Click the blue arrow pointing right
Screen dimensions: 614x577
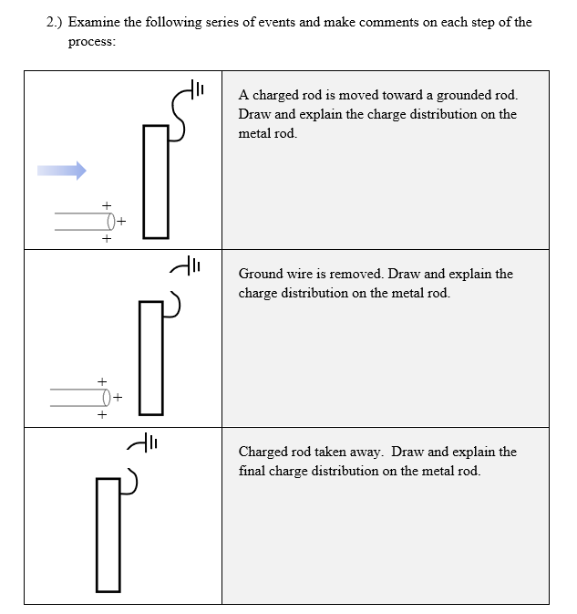tap(62, 170)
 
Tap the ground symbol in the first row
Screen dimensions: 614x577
tap(196, 88)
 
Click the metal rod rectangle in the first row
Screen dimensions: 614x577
tap(156, 182)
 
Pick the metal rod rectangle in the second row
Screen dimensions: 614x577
tap(150, 357)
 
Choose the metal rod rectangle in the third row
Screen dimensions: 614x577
tap(108, 534)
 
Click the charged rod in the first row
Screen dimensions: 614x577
tap(83, 221)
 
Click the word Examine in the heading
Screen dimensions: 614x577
tap(94, 22)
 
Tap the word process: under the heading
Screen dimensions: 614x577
tap(91, 43)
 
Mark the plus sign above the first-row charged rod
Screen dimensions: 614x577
tap(107, 204)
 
